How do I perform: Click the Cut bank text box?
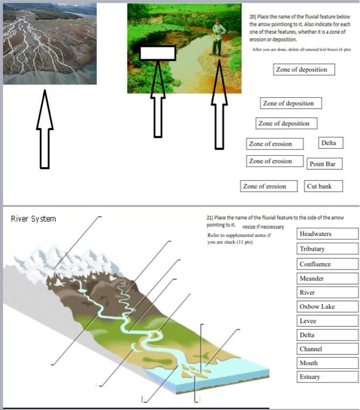point(323,186)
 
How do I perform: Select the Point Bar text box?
point(324,163)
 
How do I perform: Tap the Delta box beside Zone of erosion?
point(331,143)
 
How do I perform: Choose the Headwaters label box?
point(328,234)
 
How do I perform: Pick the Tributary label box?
point(328,249)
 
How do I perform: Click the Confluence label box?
point(328,264)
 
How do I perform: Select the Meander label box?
point(328,278)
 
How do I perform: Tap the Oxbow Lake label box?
point(328,306)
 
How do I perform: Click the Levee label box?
point(328,321)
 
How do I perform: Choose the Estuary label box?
point(328,377)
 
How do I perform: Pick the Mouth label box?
point(328,363)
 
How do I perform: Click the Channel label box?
point(328,349)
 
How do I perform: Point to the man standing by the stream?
point(218,38)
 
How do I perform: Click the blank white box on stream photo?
point(158,53)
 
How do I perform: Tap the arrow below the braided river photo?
point(45,129)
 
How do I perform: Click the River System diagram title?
point(33,219)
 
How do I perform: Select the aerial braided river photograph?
point(50,44)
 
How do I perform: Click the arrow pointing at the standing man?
point(219,105)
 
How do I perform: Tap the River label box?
point(328,292)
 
